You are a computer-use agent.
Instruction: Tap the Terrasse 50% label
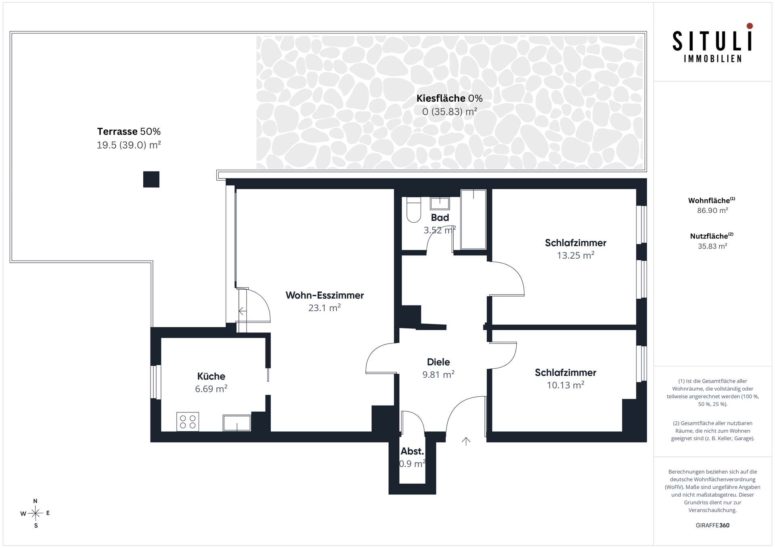(x=129, y=132)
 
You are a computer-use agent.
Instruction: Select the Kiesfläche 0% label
(x=450, y=98)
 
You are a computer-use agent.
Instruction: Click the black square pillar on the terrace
(x=151, y=179)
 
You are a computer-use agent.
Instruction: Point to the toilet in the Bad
(x=413, y=209)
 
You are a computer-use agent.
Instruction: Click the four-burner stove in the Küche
(x=188, y=422)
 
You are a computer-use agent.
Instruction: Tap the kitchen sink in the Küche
(x=237, y=423)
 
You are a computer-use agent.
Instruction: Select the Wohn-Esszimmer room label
(x=325, y=295)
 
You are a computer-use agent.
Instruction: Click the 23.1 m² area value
(x=325, y=308)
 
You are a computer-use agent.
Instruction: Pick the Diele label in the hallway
(x=438, y=362)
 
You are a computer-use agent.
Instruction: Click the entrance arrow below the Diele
(x=466, y=441)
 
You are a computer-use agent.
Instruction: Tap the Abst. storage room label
(x=412, y=451)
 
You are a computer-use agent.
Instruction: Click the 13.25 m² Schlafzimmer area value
(x=576, y=255)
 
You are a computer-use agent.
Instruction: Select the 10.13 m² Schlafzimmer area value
(x=566, y=385)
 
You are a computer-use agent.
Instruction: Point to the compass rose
(x=36, y=513)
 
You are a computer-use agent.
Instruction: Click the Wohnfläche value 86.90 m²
(x=712, y=210)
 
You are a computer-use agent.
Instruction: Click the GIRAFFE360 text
(x=712, y=525)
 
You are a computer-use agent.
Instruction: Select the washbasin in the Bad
(x=440, y=203)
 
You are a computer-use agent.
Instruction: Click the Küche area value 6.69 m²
(x=211, y=389)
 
